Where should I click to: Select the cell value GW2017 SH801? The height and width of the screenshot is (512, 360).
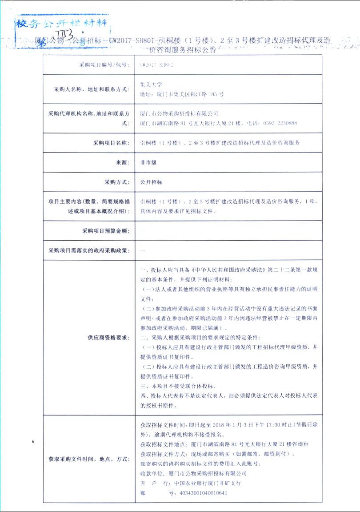[x=156, y=65]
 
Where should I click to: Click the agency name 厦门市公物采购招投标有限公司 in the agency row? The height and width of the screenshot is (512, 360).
[x=179, y=114]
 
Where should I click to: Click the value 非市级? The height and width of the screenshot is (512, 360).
[x=148, y=163]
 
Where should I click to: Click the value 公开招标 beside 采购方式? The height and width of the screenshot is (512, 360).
[x=151, y=182]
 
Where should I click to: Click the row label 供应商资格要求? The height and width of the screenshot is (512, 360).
[x=108, y=337]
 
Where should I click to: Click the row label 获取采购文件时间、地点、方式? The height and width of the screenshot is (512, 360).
[x=89, y=459]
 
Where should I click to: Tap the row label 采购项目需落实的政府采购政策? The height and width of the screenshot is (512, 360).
[x=89, y=250]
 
